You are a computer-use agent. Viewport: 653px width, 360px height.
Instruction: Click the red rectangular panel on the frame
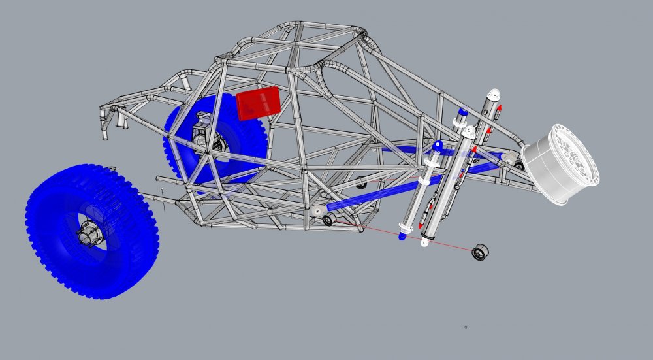tap(259, 103)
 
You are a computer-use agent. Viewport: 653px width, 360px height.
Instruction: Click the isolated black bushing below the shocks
tap(481, 252)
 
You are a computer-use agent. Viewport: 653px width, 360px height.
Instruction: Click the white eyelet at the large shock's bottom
tap(425, 243)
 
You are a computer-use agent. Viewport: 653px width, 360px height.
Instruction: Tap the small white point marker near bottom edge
tap(466, 327)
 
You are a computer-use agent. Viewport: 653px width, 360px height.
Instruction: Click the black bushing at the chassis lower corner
tap(328, 220)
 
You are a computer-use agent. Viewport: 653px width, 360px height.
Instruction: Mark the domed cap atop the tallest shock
tap(494, 93)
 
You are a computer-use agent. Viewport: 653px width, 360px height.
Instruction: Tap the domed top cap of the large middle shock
tap(468, 130)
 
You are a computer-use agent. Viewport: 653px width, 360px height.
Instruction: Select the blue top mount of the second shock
tap(462, 112)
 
